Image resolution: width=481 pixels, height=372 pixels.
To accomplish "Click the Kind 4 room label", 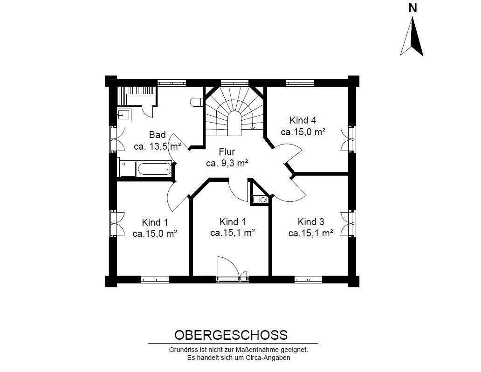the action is click(303, 120).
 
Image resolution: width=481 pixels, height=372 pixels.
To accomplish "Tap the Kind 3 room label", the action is click(311, 221).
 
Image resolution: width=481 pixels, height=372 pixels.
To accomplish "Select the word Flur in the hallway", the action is click(227, 152).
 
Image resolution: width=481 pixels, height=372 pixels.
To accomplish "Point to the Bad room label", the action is click(158, 135).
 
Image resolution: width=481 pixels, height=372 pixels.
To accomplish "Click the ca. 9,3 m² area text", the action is click(227, 163).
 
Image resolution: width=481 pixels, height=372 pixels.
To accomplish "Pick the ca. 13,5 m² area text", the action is click(158, 146).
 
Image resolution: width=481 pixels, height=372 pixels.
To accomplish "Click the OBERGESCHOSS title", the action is click(231, 335).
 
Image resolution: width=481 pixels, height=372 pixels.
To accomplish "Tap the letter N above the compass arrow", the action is click(412, 8).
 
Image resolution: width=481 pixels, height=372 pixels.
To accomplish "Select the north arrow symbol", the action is click(412, 36).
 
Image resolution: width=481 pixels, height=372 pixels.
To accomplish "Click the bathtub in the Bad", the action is click(155, 169).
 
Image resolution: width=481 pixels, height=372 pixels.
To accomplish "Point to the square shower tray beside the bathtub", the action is click(128, 169).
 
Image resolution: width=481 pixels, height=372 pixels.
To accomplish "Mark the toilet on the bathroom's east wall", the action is click(195, 102).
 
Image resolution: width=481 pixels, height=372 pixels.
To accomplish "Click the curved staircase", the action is click(234, 111).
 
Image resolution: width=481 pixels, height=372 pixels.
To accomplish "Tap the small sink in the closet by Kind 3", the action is click(259, 200).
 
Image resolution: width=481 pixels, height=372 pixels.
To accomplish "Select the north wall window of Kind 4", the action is click(300, 83).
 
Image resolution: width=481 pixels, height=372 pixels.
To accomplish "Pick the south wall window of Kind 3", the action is click(308, 279).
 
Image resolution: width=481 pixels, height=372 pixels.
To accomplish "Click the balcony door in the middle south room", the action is click(232, 279).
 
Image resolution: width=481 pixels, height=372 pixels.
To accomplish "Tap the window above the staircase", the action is click(234, 83).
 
